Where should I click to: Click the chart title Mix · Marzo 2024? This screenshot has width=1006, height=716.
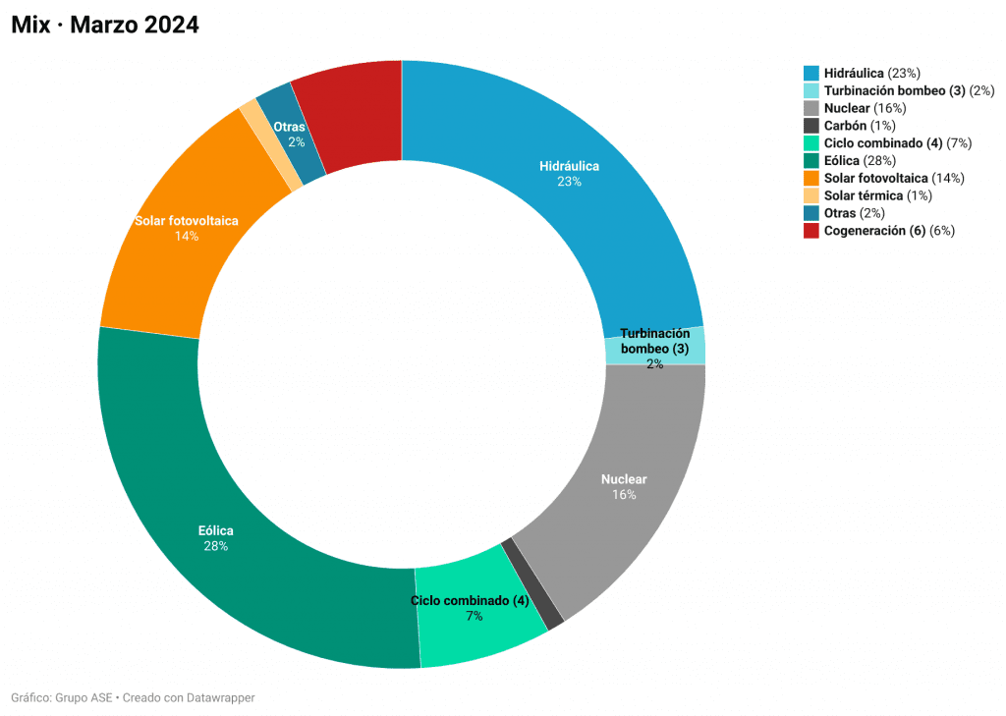[x=105, y=26]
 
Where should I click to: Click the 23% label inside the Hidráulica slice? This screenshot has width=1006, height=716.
[x=569, y=182]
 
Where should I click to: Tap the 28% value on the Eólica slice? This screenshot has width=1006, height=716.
[x=216, y=546]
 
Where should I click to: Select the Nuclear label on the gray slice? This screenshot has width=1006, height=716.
[x=624, y=479]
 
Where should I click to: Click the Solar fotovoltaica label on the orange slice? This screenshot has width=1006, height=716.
[x=187, y=221]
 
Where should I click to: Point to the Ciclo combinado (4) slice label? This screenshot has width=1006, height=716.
[x=470, y=600]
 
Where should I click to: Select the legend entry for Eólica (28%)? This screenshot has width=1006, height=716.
[x=849, y=160]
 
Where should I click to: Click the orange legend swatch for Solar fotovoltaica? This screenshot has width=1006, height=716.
[x=810, y=178]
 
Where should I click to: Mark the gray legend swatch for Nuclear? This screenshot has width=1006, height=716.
[x=810, y=108]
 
